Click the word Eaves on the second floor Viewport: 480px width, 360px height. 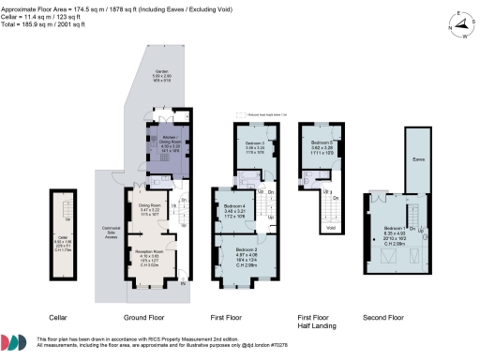(418, 159)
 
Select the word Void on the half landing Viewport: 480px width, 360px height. (329, 227)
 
